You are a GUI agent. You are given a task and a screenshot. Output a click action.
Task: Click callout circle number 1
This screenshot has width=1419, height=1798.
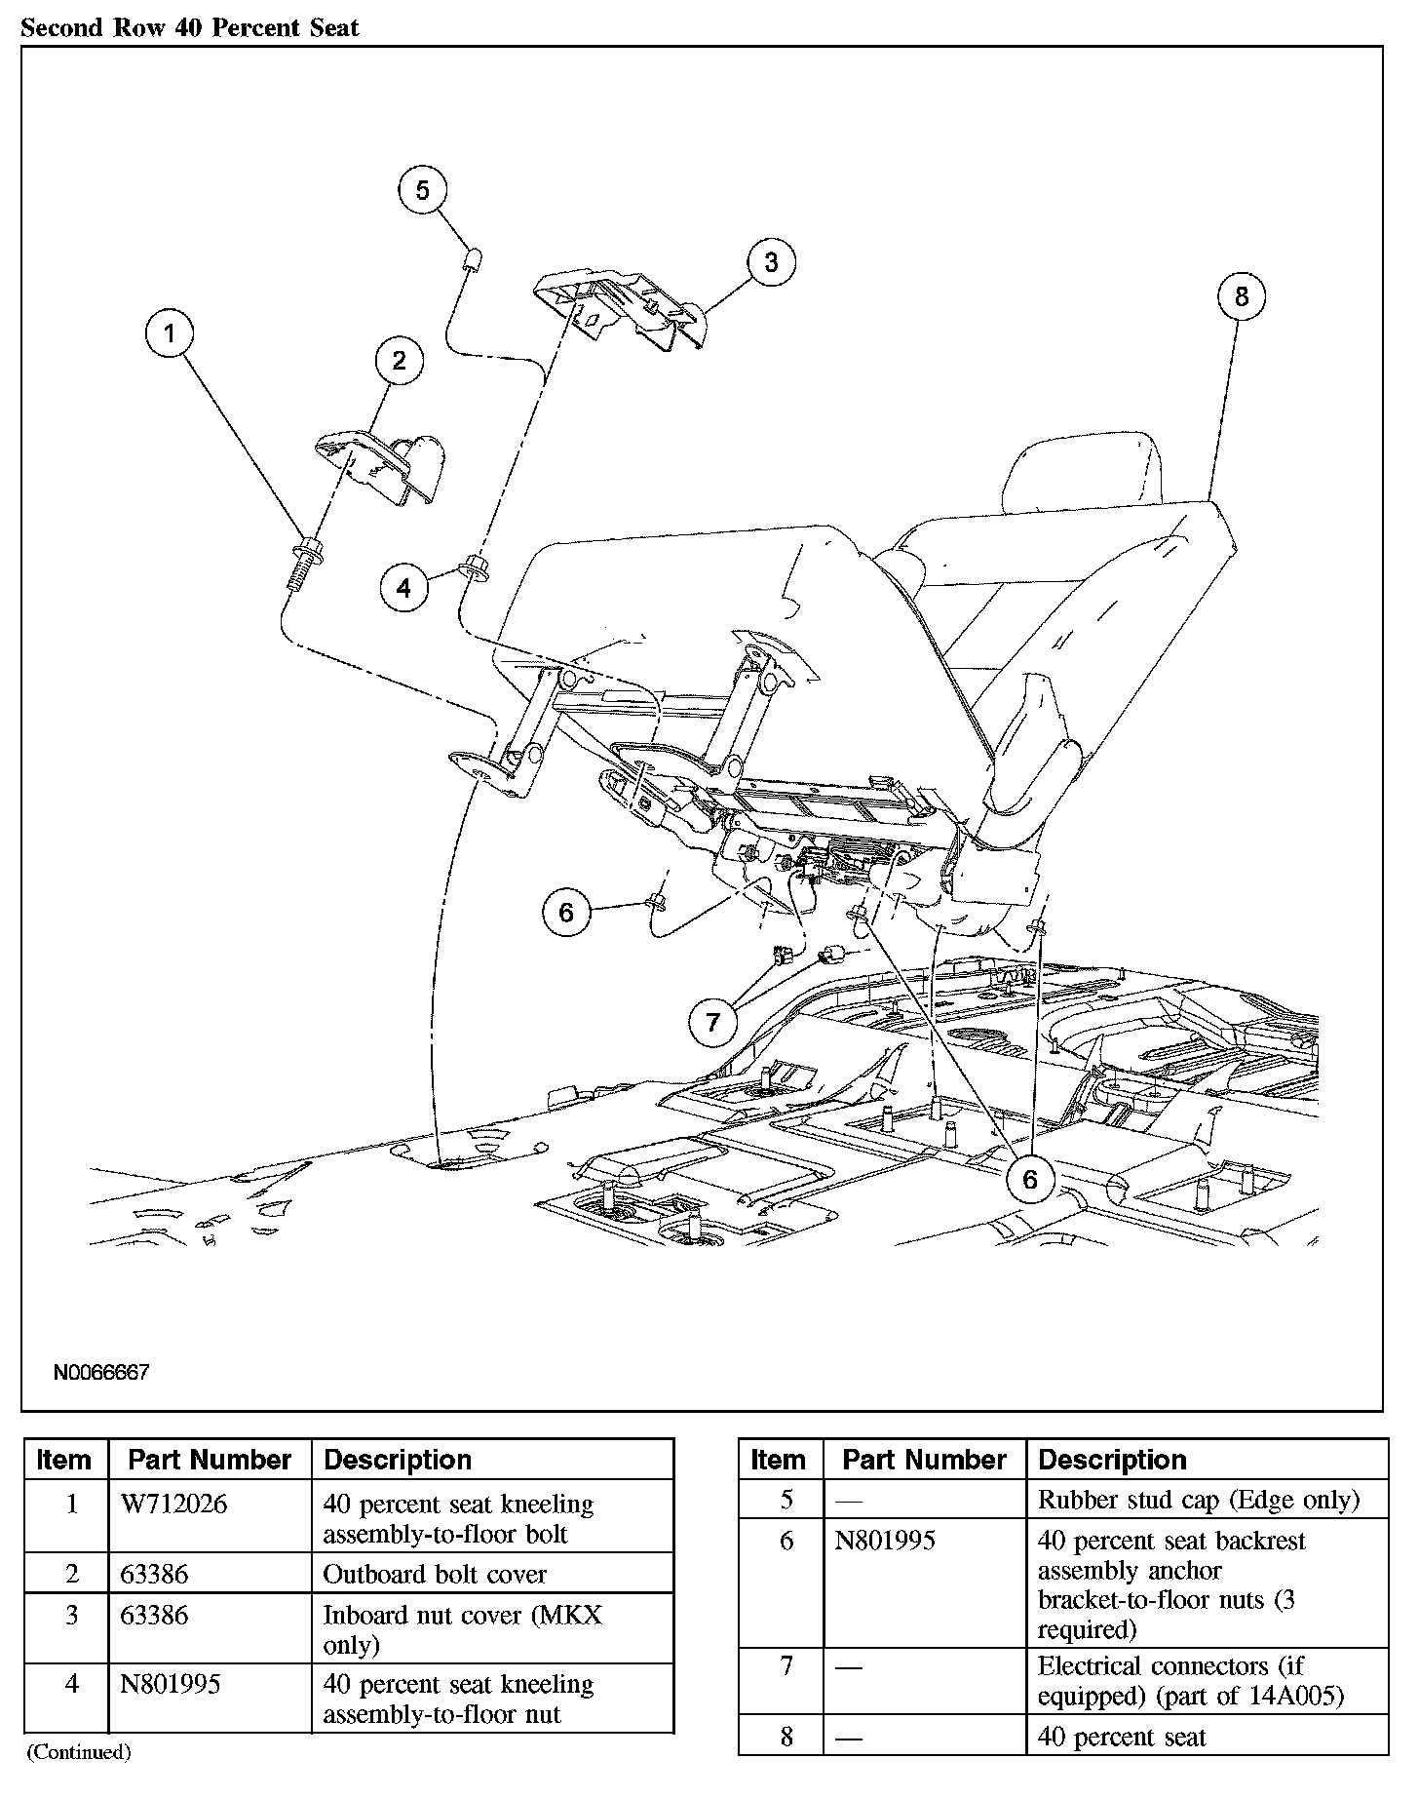point(170,334)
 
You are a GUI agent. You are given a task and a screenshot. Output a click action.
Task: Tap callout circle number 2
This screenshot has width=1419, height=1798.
point(399,361)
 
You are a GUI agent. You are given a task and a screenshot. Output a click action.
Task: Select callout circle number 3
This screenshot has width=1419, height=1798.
point(771,262)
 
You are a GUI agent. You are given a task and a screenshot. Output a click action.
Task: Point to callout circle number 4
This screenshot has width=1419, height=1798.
point(403,587)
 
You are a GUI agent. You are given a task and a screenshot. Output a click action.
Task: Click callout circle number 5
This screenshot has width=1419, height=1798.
point(422,189)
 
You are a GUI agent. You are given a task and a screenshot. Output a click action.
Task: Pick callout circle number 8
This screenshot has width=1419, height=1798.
point(1241,296)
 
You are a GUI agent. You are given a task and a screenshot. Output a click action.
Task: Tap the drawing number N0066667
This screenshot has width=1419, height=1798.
point(101,1373)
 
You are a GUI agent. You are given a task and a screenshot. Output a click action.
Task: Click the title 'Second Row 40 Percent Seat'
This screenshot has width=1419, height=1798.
point(190,27)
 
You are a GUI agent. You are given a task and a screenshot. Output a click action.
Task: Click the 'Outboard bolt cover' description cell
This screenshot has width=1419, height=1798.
point(435,1574)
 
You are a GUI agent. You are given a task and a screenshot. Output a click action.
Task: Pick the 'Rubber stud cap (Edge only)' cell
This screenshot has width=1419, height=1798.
point(1198,1499)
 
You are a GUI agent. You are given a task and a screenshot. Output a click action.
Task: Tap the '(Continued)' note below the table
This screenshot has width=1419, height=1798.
point(78,1752)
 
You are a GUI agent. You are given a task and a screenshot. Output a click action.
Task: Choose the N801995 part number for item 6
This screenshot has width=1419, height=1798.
point(885,1541)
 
